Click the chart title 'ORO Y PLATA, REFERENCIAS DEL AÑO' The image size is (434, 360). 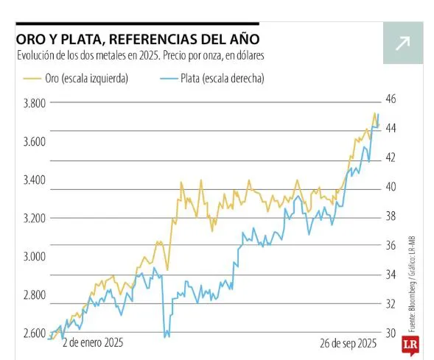tap(137, 38)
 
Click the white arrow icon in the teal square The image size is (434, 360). tap(402, 44)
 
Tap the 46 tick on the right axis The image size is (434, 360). tap(391, 99)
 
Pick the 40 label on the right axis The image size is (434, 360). tap(391, 187)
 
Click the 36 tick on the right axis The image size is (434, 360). tap(391, 245)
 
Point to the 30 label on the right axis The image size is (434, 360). tap(391, 333)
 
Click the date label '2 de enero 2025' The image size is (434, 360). tap(92, 343)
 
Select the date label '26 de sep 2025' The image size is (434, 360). tap(348, 343)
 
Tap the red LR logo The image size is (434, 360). tap(410, 346)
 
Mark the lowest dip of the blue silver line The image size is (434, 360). tap(164, 336)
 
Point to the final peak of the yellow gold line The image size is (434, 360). tap(374, 113)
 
